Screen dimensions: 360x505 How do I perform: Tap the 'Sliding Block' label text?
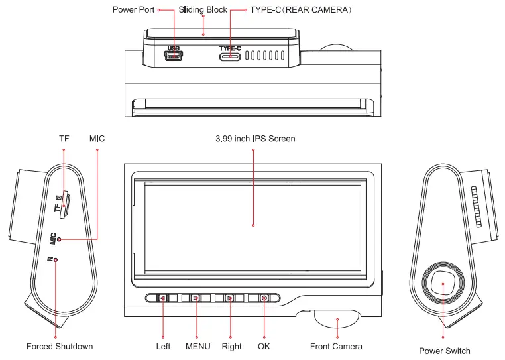[203, 11]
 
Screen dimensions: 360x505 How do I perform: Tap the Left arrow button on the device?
[163, 298]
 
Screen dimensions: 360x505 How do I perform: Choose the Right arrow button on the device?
[230, 298]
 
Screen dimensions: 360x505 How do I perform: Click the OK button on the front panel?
[264, 298]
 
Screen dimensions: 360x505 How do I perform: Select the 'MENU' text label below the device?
[197, 346]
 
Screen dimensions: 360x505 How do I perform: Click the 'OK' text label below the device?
[264, 346]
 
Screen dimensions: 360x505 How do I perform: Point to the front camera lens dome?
[337, 320]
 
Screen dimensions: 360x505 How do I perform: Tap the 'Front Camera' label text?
[336, 346]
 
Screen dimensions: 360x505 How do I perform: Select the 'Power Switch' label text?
[445, 351]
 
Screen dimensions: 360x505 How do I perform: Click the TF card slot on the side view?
[64, 206]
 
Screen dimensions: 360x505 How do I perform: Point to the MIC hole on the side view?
[60, 239]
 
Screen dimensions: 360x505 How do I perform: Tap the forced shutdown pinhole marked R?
[56, 259]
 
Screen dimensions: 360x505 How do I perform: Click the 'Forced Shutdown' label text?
[60, 346]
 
